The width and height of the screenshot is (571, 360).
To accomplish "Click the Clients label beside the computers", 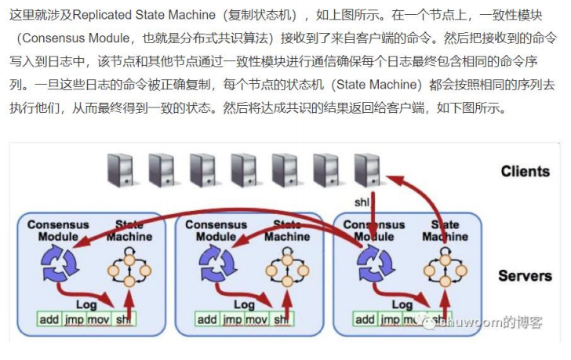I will coord(526,171).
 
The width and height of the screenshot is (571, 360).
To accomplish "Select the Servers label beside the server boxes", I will coord(525,276).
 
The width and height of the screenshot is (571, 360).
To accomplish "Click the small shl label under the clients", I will coord(362,202).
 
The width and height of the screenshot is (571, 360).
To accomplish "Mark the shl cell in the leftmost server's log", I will coord(124,319).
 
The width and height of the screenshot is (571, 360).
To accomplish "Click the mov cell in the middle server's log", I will coord(256,319).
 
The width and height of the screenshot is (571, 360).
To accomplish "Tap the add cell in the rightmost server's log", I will coord(365,319).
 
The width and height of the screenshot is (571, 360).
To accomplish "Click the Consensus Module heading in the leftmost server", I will coord(58,230).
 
